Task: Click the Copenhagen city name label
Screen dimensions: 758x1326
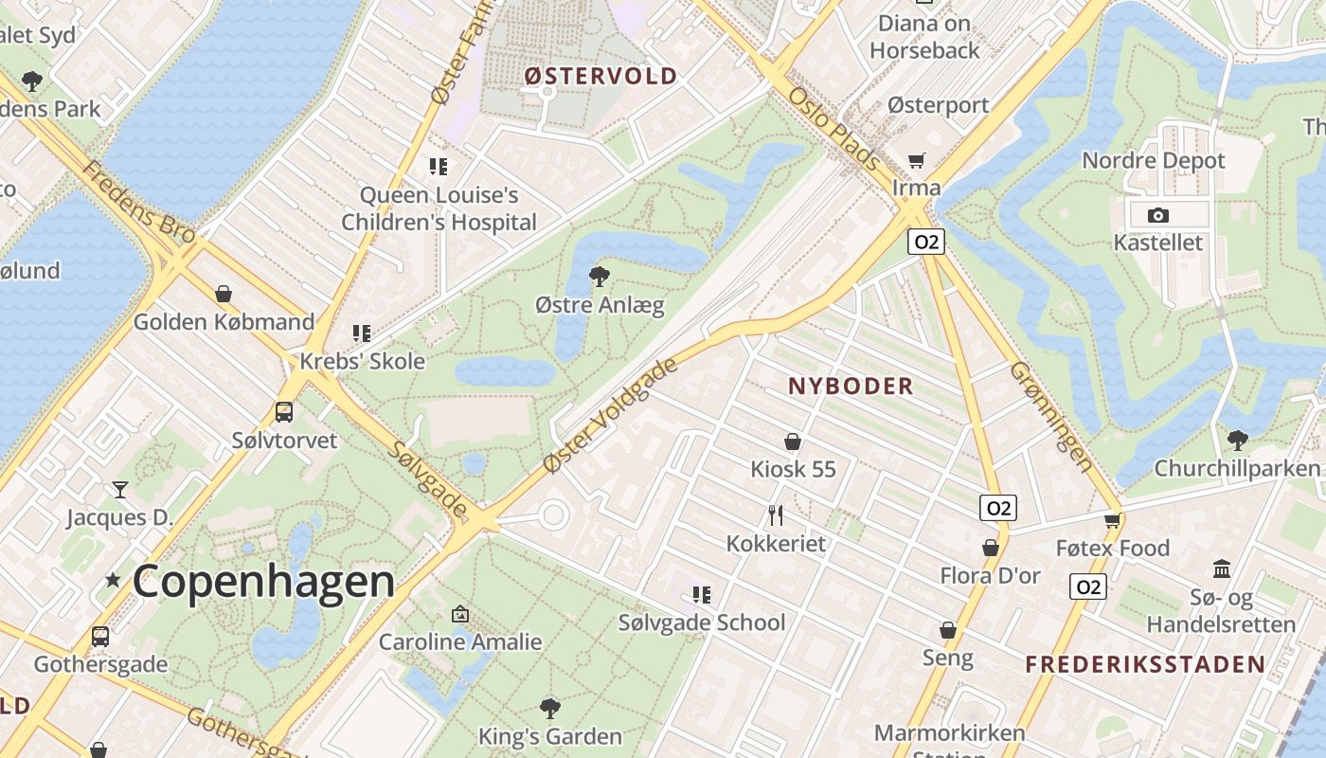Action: point(263,581)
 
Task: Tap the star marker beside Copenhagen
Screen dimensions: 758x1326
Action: point(113,579)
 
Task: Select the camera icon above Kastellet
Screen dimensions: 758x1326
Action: point(1157,215)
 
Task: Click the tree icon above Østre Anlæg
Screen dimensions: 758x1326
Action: point(599,277)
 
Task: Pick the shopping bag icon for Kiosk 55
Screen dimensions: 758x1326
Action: point(793,442)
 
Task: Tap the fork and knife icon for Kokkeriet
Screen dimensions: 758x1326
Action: point(776,515)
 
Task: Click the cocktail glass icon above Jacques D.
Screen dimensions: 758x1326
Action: point(120,490)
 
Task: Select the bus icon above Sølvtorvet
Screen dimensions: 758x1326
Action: point(284,412)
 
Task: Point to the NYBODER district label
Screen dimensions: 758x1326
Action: point(851,386)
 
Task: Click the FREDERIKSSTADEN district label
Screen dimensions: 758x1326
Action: point(1145,663)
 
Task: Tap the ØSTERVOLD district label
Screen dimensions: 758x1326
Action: point(601,76)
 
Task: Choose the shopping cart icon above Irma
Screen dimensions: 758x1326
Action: point(916,160)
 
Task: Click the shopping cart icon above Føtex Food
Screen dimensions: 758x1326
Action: point(1113,519)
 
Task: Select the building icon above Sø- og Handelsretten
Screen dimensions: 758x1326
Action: point(1221,569)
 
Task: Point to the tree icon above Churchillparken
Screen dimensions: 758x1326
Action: point(1237,440)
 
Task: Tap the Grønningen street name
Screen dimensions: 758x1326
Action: point(1051,417)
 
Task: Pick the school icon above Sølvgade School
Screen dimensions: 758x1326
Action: point(702,595)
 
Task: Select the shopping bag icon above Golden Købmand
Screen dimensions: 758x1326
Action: point(224,294)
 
